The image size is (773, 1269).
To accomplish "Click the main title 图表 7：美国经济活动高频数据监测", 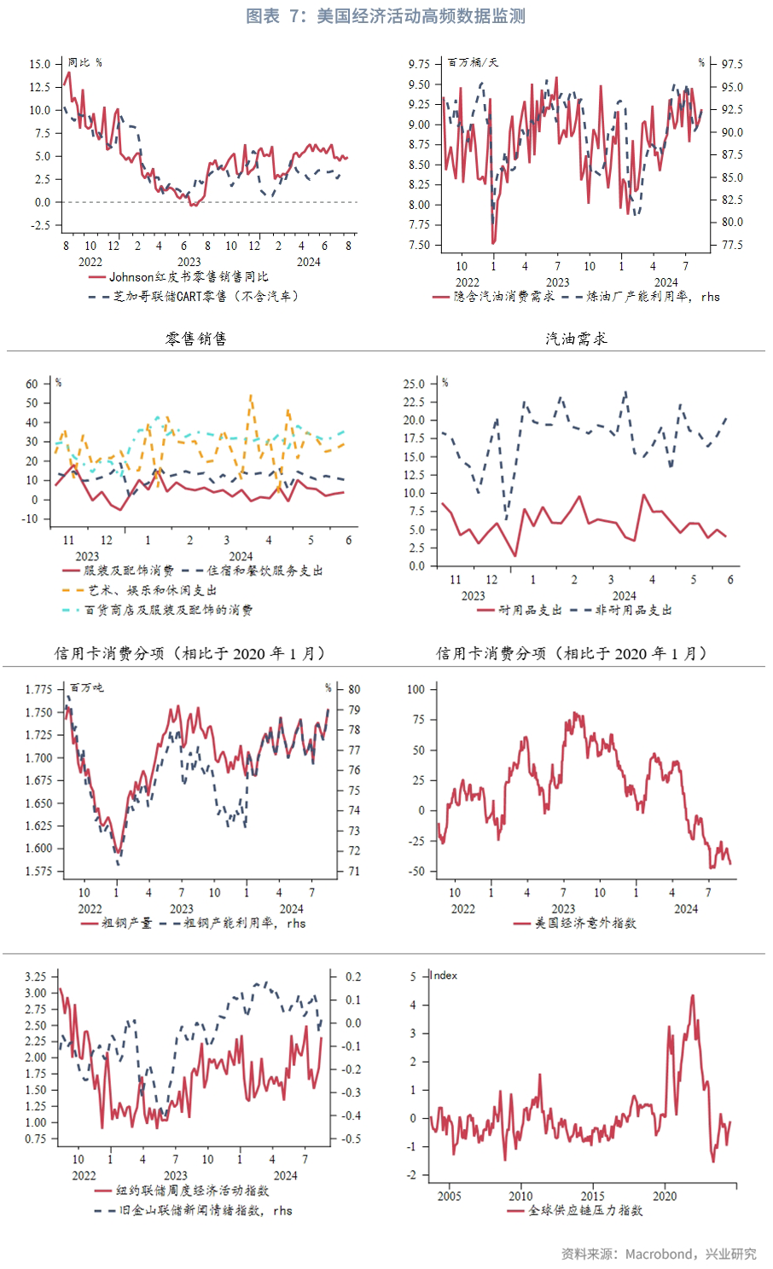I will [386, 16].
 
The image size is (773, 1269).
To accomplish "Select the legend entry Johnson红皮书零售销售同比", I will [188, 277].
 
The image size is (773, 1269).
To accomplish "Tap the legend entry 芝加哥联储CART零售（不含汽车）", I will [206, 297].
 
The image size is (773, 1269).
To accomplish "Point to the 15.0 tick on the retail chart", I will [39, 64].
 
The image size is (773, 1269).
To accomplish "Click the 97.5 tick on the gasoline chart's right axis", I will [732, 64].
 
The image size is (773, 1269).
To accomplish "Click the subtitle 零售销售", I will [196, 339].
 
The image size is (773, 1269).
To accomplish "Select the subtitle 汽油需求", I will [577, 339].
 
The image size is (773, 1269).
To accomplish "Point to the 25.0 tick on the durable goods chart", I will [414, 384].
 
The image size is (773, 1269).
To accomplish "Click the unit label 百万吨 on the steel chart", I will [86, 687].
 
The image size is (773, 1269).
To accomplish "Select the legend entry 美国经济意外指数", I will [585, 923].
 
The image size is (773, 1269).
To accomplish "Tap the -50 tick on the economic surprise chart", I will [416, 872].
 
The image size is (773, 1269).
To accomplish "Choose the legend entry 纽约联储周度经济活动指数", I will [192, 1191].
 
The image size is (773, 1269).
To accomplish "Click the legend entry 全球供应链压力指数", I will [585, 1210].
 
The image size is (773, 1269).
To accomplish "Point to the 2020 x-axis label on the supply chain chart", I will [665, 1196].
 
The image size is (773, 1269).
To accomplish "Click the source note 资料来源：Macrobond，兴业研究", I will [659, 1254].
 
